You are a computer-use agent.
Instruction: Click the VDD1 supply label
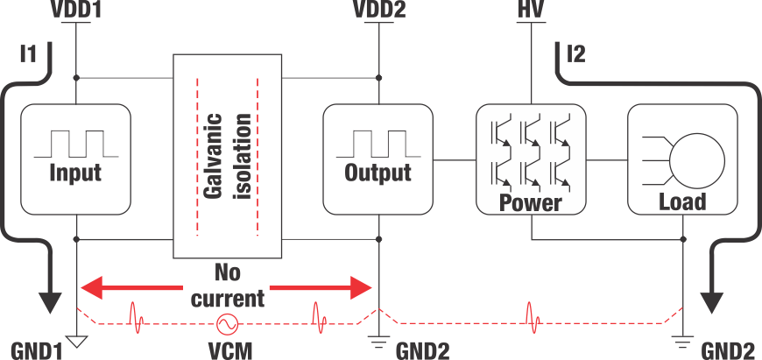[x=77, y=11]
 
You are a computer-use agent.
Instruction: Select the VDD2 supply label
[x=378, y=11]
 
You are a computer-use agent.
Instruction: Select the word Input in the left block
[x=75, y=172]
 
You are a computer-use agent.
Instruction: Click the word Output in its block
[x=377, y=172]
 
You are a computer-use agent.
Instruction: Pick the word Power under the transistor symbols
[x=529, y=203]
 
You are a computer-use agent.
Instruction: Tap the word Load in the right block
[x=681, y=202]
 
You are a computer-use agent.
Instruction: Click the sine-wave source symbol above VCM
[x=229, y=323]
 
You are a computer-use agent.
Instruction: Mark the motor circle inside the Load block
[x=697, y=158]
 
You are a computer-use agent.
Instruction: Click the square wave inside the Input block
[x=75, y=143]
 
